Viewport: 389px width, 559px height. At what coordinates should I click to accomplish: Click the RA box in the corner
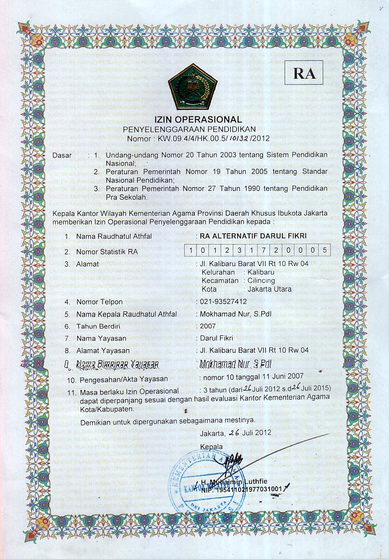pos(304,73)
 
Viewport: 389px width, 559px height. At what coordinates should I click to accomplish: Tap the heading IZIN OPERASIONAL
pos(198,120)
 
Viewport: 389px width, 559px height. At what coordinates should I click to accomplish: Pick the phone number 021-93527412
pos(223,302)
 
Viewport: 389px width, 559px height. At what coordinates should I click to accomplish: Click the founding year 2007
pos(207,326)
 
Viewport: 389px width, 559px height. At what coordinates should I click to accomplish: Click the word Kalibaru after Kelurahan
pos(261,272)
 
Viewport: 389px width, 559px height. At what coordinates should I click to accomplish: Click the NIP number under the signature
pos(241,489)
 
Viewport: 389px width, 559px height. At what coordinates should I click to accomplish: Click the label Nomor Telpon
pos(99,302)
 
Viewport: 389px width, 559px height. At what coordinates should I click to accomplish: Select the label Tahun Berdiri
pos(99,326)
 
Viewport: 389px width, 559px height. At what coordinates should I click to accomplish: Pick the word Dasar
pos(62,155)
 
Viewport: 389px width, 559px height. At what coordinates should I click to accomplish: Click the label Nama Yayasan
pos(101,338)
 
